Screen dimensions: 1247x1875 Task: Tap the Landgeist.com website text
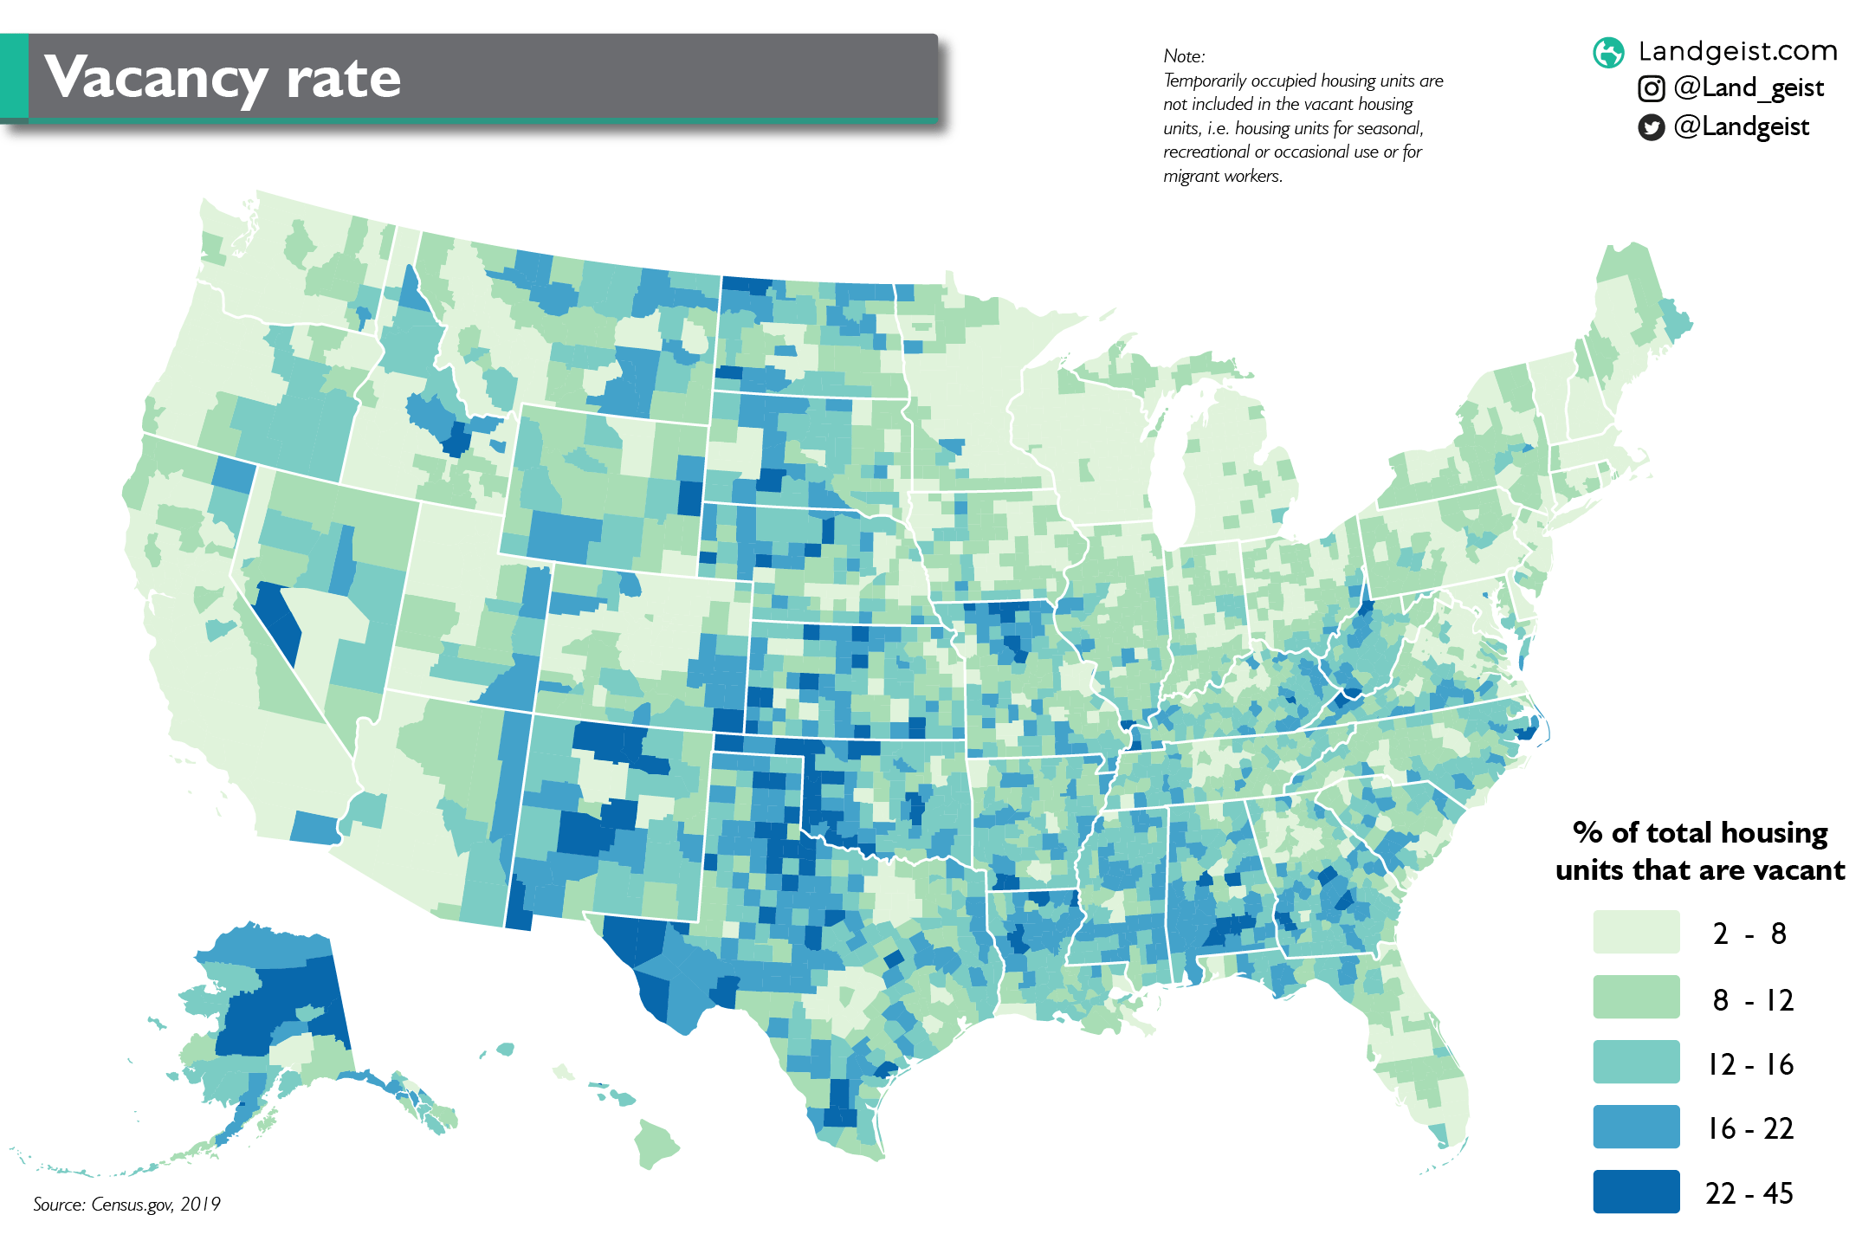[x=1737, y=51]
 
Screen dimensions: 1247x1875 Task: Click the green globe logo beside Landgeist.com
[x=1608, y=53]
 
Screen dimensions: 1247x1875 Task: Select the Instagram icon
[x=1651, y=88]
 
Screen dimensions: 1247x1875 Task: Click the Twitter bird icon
[x=1651, y=128]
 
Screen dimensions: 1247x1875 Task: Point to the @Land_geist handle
[x=1749, y=87]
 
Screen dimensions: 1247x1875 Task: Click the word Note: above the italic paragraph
[x=1184, y=56]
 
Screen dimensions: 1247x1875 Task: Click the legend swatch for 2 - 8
[x=1635, y=932]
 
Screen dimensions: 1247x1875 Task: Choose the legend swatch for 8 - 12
[x=1635, y=997]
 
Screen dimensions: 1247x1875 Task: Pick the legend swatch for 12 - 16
[x=1635, y=1062]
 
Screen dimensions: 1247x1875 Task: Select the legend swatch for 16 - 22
[x=1635, y=1127]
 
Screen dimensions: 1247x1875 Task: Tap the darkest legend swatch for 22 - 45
[x=1635, y=1192]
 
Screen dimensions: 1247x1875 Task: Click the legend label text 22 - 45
[x=1749, y=1193]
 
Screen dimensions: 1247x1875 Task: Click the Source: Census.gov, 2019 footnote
[x=126, y=1204]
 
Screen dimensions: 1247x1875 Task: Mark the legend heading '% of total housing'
[x=1699, y=833]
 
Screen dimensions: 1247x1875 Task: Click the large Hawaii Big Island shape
[x=656, y=1144]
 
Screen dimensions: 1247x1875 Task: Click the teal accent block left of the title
[x=13, y=76]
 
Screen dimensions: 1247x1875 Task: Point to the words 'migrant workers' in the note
[x=1221, y=176]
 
